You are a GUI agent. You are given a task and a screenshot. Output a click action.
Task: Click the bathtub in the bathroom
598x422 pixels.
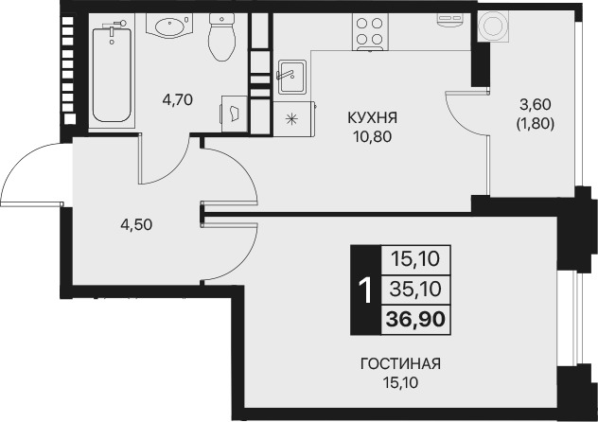pos(113,73)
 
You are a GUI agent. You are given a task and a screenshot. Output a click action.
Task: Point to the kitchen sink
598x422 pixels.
pos(290,75)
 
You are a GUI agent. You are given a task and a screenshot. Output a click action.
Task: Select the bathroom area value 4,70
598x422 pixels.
pos(178,97)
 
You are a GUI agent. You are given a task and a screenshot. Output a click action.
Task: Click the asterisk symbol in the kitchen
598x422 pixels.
pos(291,118)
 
